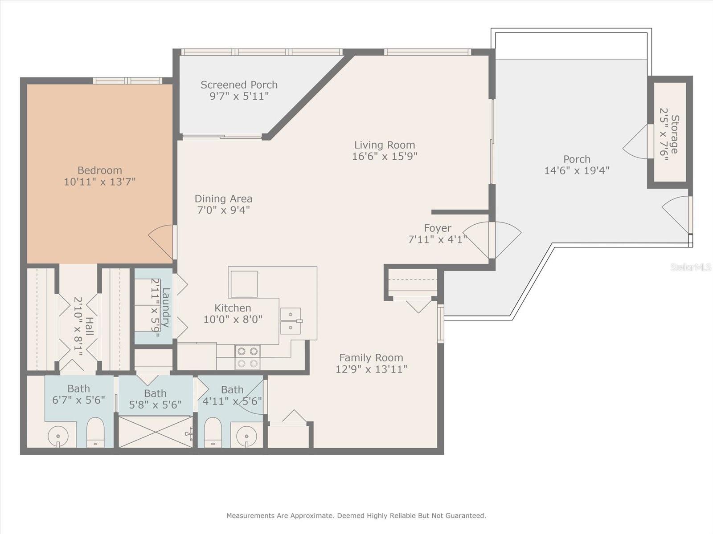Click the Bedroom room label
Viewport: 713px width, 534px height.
pos(100,170)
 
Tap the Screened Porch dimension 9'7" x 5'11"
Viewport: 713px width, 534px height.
pos(239,96)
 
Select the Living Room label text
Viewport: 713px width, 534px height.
pos(385,145)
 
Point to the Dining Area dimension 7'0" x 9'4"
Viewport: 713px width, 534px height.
pos(224,210)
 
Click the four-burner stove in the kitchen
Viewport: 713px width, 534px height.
pos(248,357)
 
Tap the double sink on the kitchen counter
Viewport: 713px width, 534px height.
pos(291,321)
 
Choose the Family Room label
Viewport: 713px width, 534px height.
pos(371,358)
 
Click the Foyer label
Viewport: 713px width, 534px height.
pos(438,228)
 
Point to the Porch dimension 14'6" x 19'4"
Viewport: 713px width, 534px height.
pos(577,170)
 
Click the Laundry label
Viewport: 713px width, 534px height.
pos(166,307)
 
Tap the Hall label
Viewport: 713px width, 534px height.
pos(89,327)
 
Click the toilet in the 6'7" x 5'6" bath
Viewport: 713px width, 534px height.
pos(95,432)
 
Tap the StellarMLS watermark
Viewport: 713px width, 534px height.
pos(690,267)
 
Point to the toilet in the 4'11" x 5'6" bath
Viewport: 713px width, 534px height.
pos(213,432)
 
